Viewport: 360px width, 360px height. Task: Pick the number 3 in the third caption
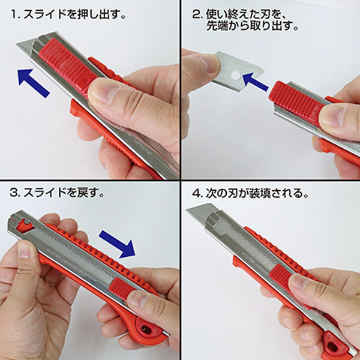[x=14, y=194]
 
